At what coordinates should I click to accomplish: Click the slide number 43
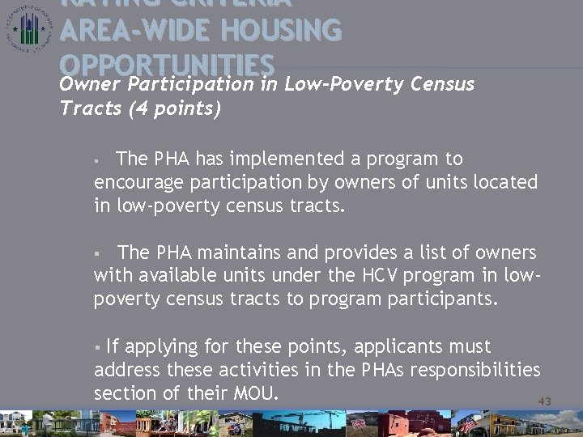(544, 401)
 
